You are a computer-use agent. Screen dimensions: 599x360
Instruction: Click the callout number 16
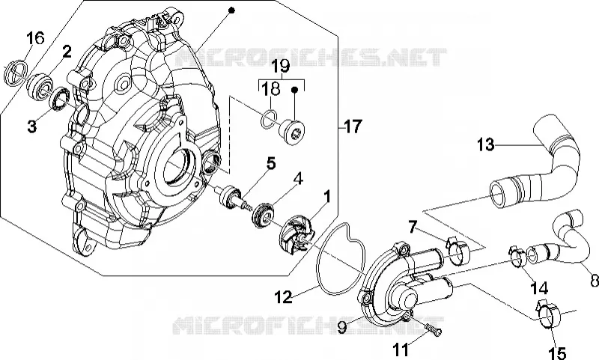pyautogui.click(x=35, y=37)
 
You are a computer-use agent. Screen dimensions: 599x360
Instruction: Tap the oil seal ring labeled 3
pyautogui.click(x=60, y=99)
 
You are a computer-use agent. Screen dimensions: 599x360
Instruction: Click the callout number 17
pyautogui.click(x=352, y=126)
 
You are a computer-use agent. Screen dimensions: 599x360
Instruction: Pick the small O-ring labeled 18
pyautogui.click(x=268, y=119)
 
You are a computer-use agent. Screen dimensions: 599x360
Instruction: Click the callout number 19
pyautogui.click(x=282, y=66)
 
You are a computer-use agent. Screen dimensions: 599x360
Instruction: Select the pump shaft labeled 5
pyautogui.click(x=232, y=196)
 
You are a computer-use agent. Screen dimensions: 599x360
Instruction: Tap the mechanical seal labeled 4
pyautogui.click(x=264, y=216)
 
